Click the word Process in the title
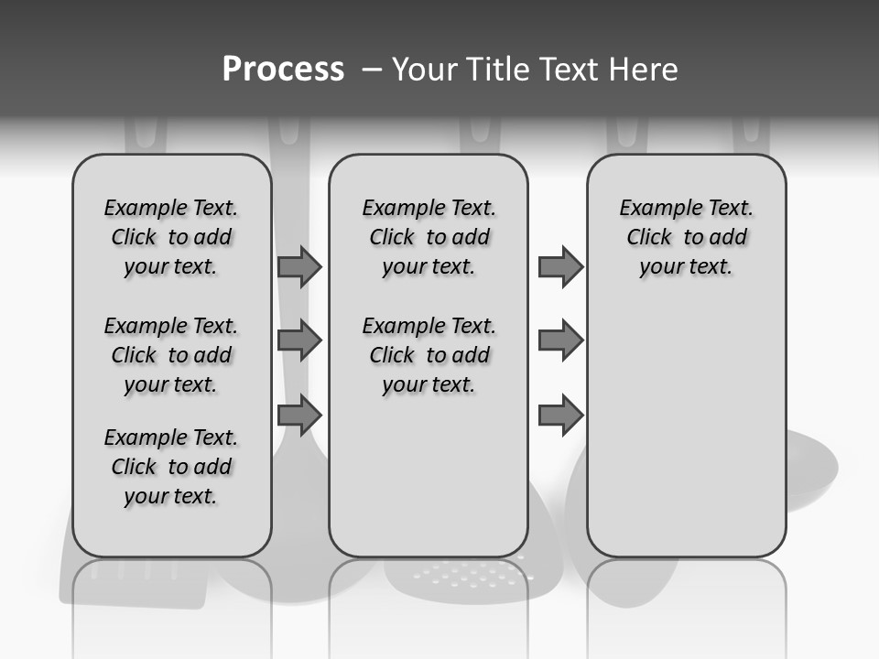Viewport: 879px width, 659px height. (x=283, y=70)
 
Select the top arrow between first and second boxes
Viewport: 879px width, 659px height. (x=298, y=266)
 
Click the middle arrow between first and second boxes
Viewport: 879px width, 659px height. (x=298, y=340)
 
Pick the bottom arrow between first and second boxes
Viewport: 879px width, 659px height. (x=298, y=416)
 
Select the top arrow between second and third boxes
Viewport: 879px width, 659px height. (x=560, y=266)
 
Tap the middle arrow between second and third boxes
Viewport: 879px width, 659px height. (x=560, y=340)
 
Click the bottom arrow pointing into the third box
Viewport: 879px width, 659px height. (x=560, y=416)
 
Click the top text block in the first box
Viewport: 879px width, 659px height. (x=171, y=237)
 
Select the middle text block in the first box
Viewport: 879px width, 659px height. (x=171, y=355)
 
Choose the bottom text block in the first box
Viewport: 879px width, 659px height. (x=171, y=467)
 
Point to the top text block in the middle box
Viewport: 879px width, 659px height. (x=429, y=237)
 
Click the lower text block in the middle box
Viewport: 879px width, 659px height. (x=429, y=355)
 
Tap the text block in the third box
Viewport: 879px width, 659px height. (x=686, y=237)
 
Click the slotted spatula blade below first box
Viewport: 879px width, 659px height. (x=137, y=581)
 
